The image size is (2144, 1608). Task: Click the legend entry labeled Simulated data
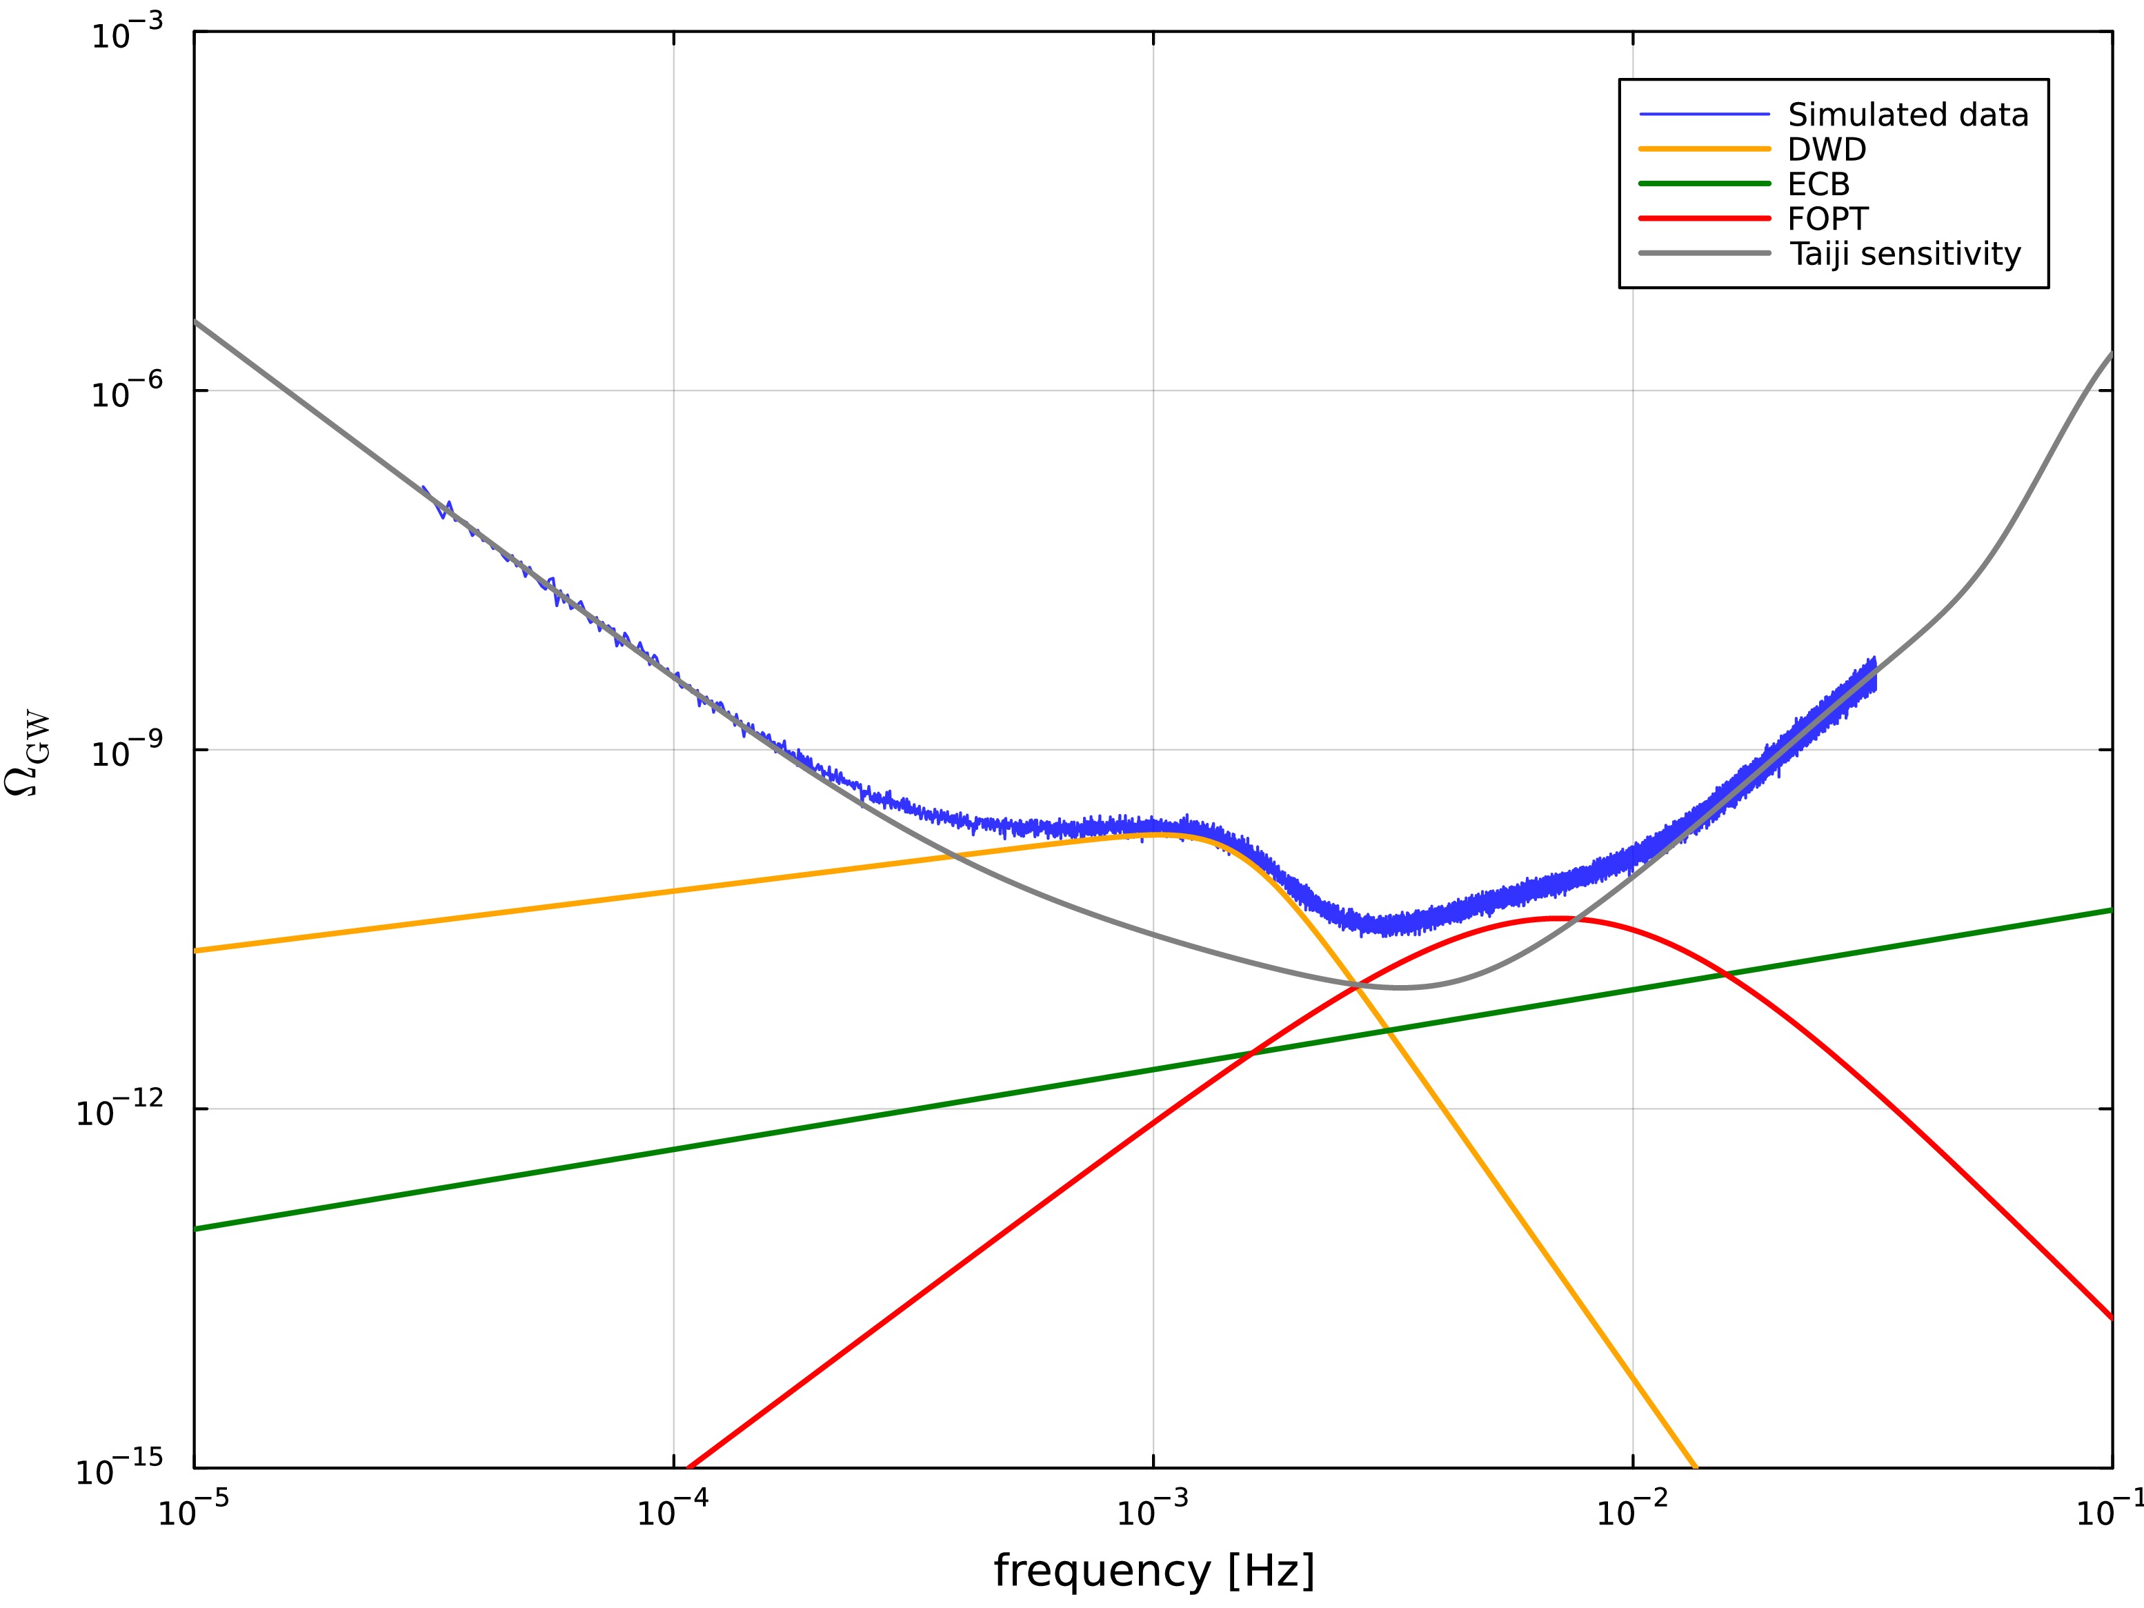(x=1907, y=115)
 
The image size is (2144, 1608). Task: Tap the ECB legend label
(x=1818, y=184)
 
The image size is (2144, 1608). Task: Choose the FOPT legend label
(x=1827, y=219)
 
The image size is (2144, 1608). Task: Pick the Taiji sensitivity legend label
(x=1904, y=254)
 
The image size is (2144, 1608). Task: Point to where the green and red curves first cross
(x=1251, y=1053)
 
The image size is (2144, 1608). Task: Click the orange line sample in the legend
(x=1704, y=149)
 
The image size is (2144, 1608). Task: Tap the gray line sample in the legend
(x=1704, y=254)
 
